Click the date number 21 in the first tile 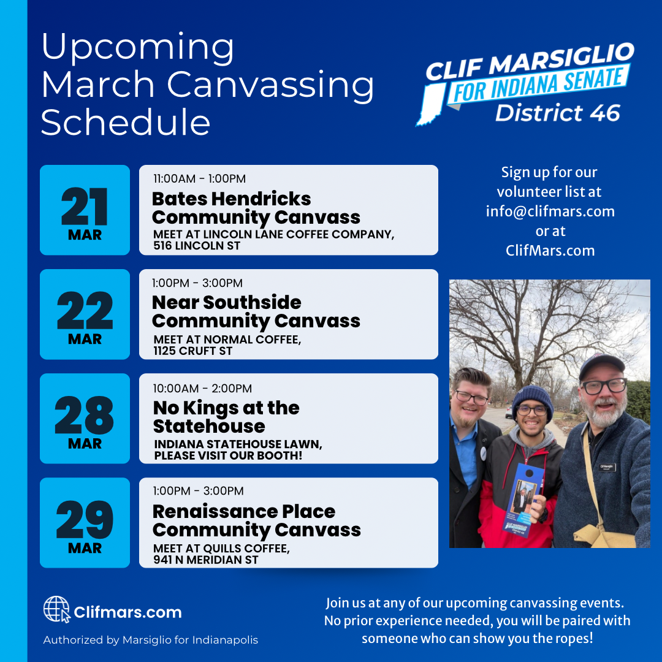[85, 207]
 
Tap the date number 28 [85, 415]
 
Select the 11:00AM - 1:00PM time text [199, 178]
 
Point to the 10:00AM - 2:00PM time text [202, 389]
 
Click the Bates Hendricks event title [256, 208]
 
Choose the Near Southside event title [256, 312]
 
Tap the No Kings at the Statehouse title [226, 417]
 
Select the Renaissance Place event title [257, 520]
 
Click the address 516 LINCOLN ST [197, 246]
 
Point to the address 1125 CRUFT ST [193, 351]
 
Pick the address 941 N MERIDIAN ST [205, 560]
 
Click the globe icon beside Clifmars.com [56, 609]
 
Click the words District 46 [558, 113]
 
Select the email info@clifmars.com [550, 211]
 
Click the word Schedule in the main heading [126, 123]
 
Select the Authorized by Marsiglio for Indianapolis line [150, 640]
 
